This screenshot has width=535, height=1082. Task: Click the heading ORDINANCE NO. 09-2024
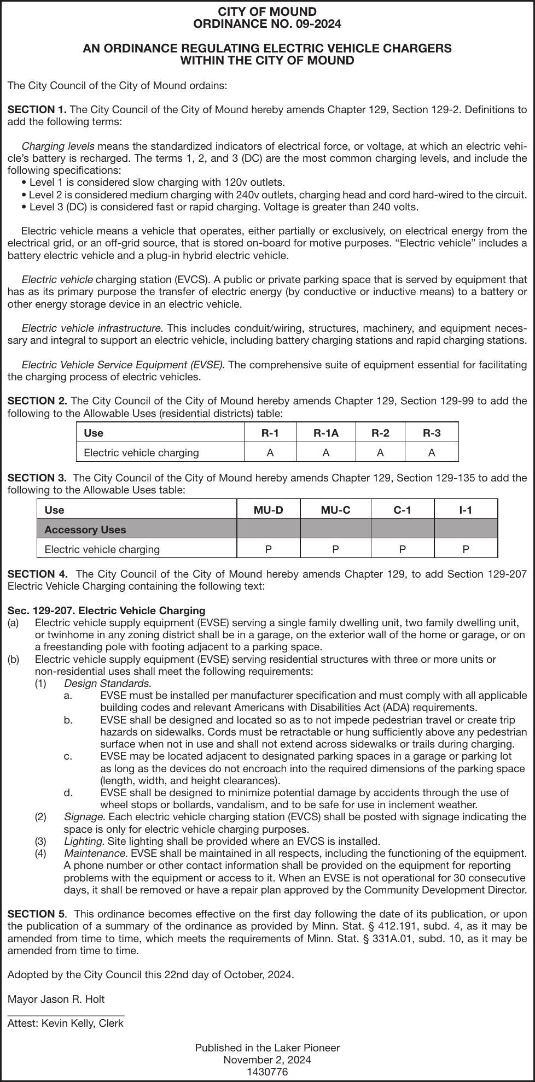tap(267, 24)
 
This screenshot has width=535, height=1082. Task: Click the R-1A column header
tap(325, 433)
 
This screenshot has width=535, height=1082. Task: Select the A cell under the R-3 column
tap(431, 453)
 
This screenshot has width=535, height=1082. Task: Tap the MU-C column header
tap(335, 510)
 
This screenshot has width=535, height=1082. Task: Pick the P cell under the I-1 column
tap(466, 549)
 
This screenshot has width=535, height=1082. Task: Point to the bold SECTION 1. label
tap(37, 110)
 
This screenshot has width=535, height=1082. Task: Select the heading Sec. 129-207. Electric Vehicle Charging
tap(106, 610)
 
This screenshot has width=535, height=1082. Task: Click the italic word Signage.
tap(84, 817)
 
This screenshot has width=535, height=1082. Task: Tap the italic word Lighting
tap(84, 841)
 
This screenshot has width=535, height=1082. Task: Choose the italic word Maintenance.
tap(96, 853)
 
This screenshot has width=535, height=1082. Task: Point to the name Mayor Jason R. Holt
tap(56, 999)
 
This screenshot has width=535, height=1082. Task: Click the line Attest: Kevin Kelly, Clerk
tap(65, 1023)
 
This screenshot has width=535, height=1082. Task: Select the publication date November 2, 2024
tap(267, 1060)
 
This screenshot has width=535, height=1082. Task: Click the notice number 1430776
tap(267, 1072)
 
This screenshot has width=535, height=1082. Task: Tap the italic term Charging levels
tap(57, 146)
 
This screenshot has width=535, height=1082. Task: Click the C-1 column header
tap(402, 510)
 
